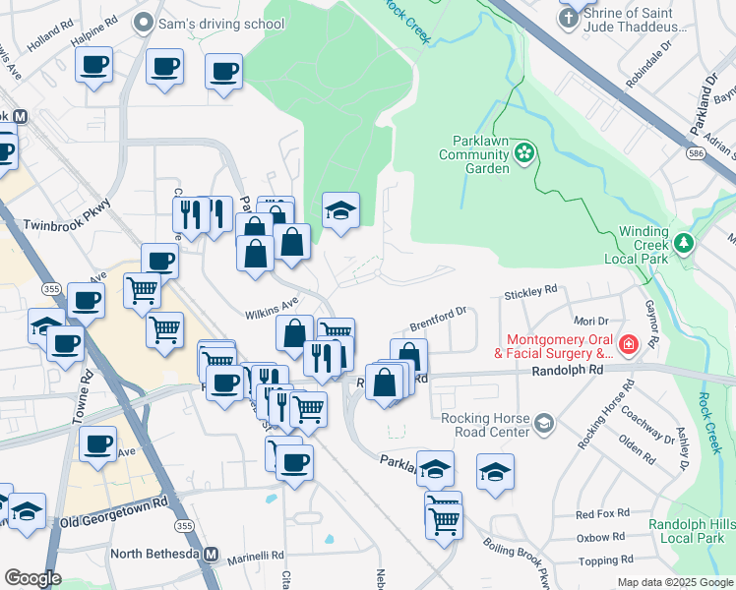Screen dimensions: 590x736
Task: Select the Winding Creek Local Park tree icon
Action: [683, 242]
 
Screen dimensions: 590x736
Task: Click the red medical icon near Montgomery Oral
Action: [626, 345]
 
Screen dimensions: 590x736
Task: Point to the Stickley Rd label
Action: [530, 292]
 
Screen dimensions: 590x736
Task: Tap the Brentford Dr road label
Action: [436, 319]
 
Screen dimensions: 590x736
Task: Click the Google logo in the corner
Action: [32, 578]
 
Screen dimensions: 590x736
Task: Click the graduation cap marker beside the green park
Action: [341, 210]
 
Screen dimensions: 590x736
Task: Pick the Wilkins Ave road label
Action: [272, 309]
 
